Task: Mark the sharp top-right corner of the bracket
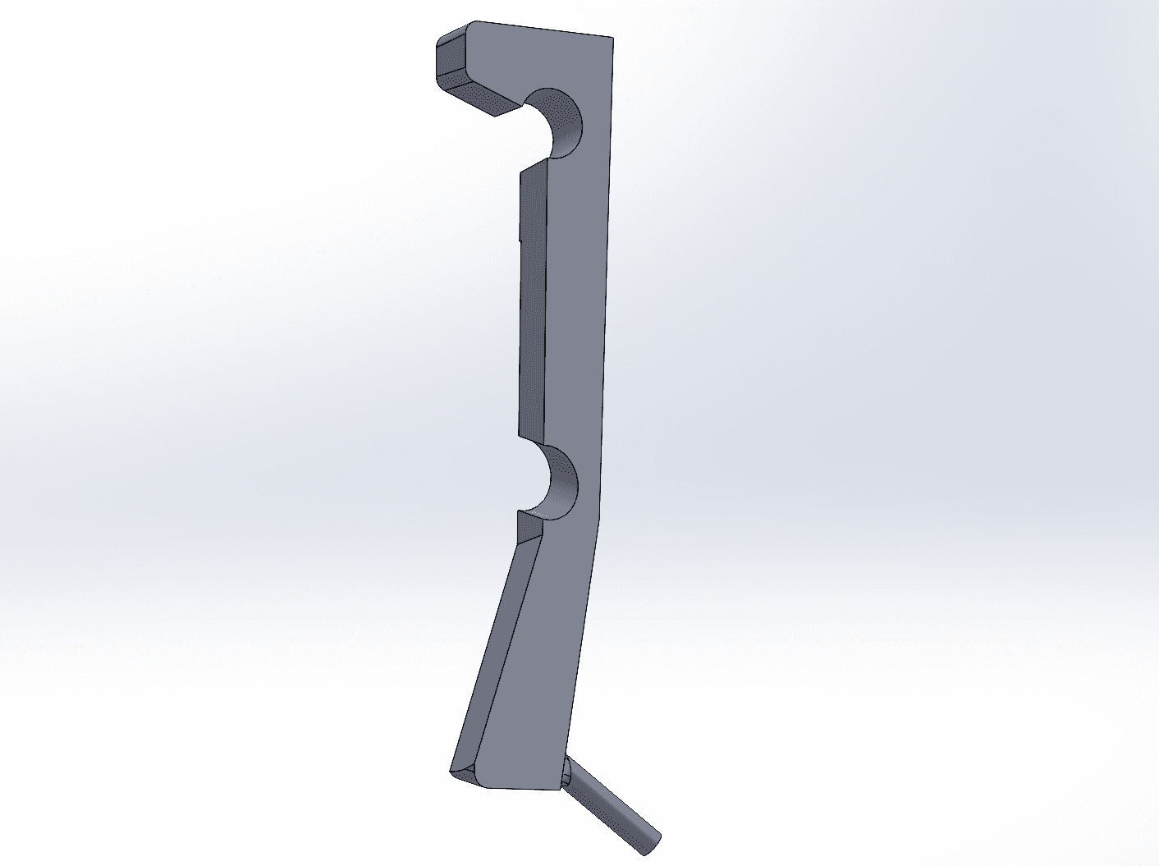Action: (x=613, y=38)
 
